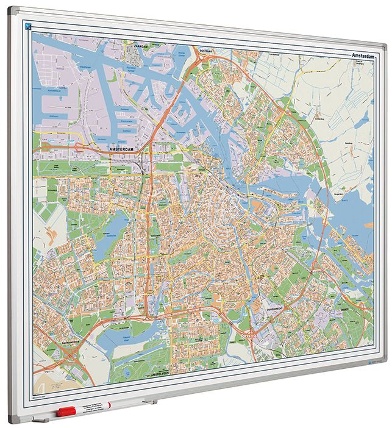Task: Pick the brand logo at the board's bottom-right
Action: click(362, 364)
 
